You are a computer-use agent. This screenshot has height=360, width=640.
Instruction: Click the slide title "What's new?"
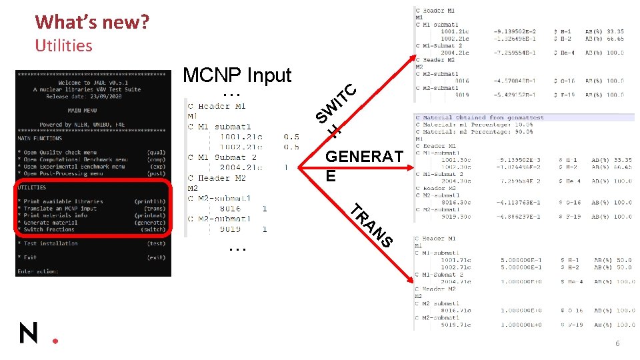pos(92,22)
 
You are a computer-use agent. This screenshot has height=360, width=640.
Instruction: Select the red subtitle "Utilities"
pos(63,45)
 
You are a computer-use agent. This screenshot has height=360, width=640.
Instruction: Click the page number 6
pos(617,343)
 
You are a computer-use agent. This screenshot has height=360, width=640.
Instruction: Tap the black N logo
pos(29,331)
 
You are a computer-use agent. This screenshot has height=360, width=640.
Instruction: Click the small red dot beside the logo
pos(55,341)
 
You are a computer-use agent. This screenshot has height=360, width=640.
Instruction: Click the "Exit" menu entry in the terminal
pos(30,257)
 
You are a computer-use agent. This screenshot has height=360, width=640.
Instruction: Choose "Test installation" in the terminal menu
pos(51,243)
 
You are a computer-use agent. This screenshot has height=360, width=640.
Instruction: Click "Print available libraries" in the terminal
pos(63,201)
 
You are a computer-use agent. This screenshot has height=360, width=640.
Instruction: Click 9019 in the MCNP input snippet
pos(230,229)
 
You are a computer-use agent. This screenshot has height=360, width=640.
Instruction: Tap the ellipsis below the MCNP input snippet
pos(236,248)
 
